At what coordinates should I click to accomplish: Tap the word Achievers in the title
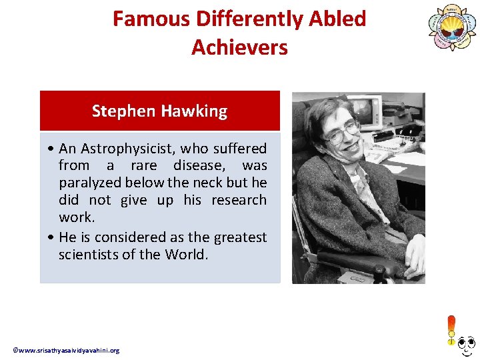[239, 47]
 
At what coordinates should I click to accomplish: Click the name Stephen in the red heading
[122, 111]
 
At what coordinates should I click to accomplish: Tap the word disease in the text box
[197, 165]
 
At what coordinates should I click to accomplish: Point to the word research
[239, 200]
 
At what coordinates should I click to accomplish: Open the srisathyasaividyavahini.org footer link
[67, 350]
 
